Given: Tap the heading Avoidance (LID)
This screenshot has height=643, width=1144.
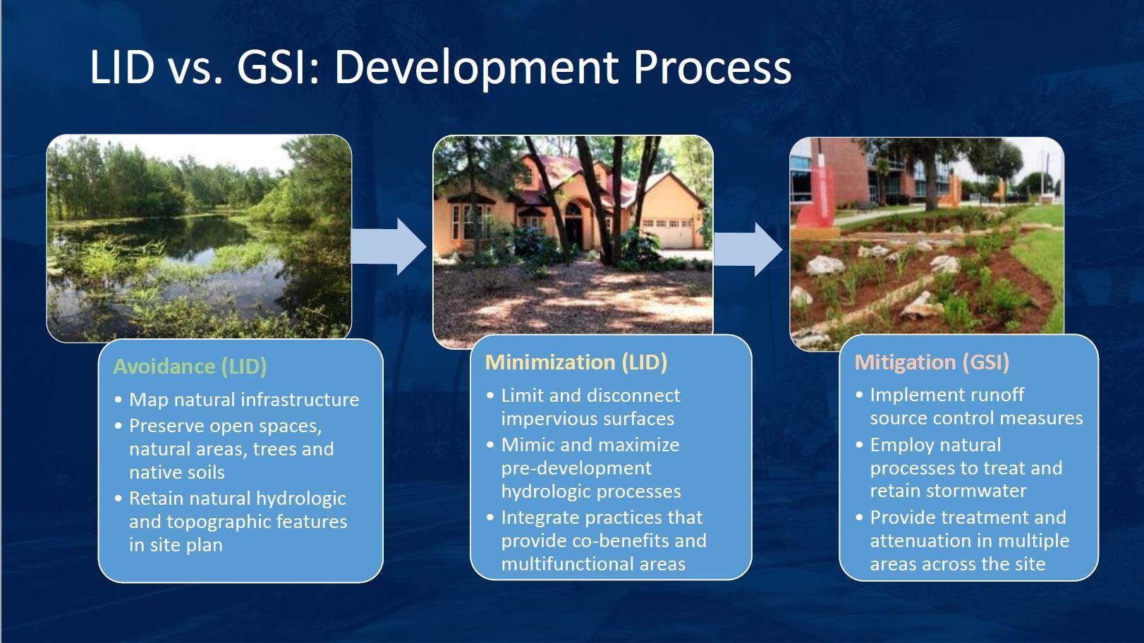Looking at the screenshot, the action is pyautogui.click(x=190, y=367).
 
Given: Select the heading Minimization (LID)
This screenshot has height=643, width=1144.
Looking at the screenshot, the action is pyautogui.click(x=576, y=362).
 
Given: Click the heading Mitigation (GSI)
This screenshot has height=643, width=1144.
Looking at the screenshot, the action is pyautogui.click(x=932, y=362).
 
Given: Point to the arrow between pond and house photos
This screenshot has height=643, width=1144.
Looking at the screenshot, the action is pyautogui.click(x=388, y=247).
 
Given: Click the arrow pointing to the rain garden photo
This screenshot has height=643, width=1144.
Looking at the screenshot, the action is pyautogui.click(x=748, y=250).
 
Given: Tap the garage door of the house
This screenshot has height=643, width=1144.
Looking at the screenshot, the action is pyautogui.click(x=667, y=233).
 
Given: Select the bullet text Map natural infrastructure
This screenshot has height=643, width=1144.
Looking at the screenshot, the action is pyautogui.click(x=244, y=399).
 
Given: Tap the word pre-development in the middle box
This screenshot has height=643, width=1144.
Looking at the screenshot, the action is pyautogui.click(x=576, y=468).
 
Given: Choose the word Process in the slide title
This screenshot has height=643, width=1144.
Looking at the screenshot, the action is pyautogui.click(x=712, y=68).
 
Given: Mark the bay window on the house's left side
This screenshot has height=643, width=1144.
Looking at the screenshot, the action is pyautogui.click(x=468, y=221).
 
